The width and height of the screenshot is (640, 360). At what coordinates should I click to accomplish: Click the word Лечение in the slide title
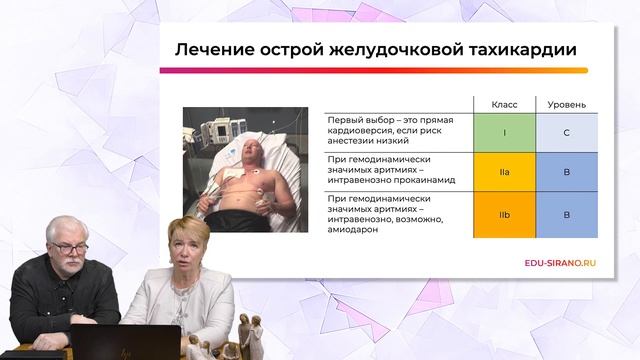211,49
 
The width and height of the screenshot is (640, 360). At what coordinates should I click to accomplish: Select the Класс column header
503,105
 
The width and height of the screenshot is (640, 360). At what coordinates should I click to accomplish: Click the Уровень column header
567,105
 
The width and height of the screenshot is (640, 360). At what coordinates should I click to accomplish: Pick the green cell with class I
503,131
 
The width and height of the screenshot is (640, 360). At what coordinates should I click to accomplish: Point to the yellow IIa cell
503,173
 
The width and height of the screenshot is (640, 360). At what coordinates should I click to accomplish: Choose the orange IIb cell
503,215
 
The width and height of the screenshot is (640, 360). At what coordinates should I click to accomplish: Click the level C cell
567,131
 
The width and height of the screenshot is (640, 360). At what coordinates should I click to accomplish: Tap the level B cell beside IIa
567,173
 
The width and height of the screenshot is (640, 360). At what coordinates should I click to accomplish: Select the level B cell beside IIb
567,215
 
